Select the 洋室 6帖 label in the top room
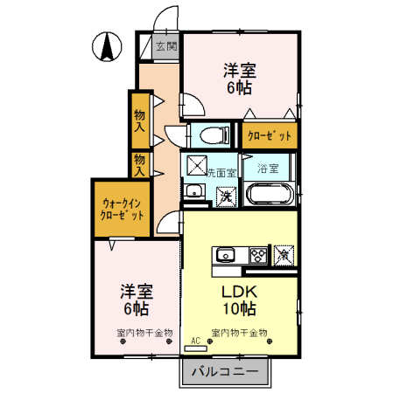pos(238,77)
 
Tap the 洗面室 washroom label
pos(220,172)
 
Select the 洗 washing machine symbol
pos(223,196)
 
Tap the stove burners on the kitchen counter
pos(257,255)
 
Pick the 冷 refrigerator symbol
pos(284,254)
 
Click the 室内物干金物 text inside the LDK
pos(238,333)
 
